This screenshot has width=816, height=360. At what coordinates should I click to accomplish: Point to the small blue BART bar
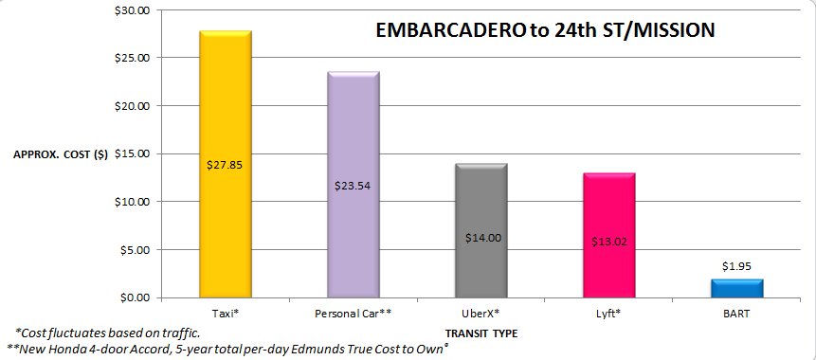(736, 288)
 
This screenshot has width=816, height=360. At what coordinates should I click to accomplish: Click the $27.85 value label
(225, 163)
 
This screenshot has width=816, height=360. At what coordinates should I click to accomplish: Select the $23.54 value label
(353, 185)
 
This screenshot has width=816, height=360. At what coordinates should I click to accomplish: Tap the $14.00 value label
(481, 238)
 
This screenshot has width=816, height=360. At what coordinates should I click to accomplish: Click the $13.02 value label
(608, 241)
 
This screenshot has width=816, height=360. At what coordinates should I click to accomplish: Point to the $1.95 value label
(736, 268)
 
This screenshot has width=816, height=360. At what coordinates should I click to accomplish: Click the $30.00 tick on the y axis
(133, 10)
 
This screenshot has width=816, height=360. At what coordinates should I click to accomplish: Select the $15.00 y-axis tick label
(133, 153)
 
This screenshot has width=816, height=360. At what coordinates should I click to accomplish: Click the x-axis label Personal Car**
(353, 312)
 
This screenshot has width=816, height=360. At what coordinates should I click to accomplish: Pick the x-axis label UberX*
(481, 312)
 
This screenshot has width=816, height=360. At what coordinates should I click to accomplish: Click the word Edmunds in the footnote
(313, 349)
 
